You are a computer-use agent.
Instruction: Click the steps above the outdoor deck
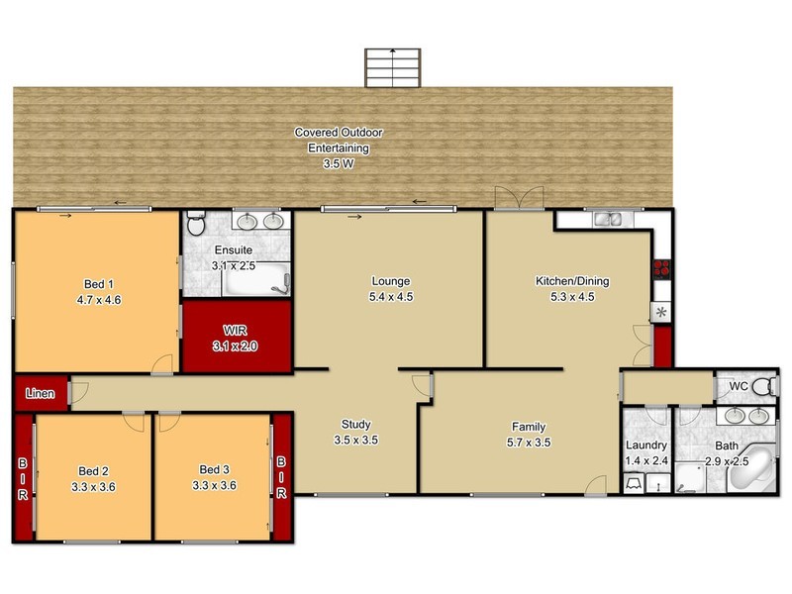click(394, 67)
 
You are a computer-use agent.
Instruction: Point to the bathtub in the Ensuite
click(256, 279)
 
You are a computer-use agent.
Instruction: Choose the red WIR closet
click(236, 338)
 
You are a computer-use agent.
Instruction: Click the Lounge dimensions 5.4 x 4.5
click(390, 296)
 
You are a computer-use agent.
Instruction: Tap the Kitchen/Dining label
click(572, 281)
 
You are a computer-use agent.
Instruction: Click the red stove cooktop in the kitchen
click(660, 267)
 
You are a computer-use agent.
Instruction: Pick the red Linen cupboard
click(40, 393)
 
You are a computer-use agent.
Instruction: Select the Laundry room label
click(644, 446)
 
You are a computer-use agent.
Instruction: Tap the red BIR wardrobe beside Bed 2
click(22, 477)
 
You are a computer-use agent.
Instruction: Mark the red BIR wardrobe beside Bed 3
click(282, 475)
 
